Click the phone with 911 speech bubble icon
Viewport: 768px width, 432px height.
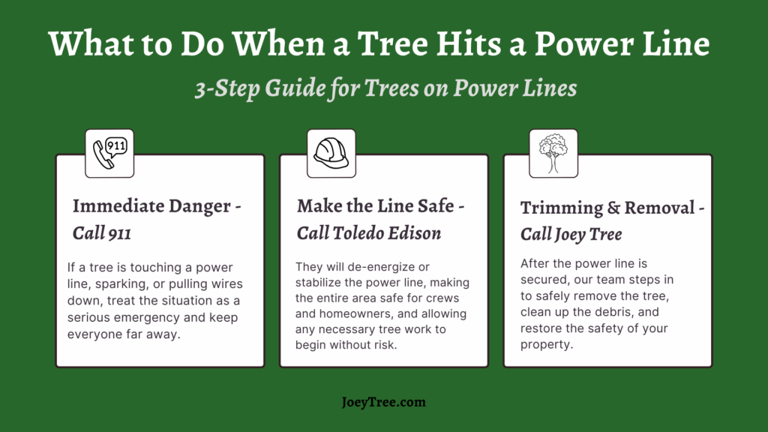coord(109,153)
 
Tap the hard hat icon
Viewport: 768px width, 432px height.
coord(331,153)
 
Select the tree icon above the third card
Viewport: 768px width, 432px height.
coord(553,153)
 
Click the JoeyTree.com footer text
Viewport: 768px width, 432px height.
coord(383,402)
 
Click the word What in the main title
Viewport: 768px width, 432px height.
coord(91,43)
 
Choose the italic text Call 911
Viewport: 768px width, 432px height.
coord(102,233)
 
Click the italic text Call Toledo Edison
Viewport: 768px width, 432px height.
coord(369,233)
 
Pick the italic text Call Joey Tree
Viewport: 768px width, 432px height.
coord(571,235)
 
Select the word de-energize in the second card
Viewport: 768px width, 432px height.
coord(380,268)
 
